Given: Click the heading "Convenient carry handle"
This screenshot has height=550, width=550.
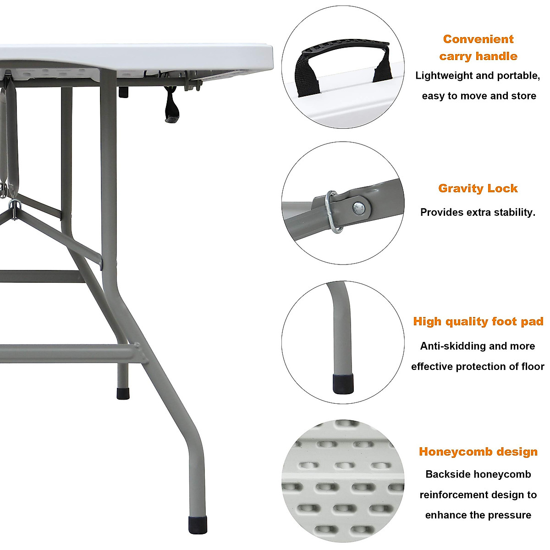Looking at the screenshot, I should [478, 48].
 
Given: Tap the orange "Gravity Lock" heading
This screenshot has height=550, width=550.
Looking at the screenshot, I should [478, 188].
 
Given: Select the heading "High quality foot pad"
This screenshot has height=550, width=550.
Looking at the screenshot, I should [478, 321].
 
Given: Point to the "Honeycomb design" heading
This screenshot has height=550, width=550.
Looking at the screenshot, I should [478, 451].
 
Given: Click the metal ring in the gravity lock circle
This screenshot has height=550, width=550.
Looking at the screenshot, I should [332, 211].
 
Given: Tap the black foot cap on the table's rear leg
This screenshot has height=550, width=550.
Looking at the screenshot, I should [123, 393].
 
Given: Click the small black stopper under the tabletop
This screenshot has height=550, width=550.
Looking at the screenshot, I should [123, 92].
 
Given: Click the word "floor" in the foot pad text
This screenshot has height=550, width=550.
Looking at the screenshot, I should [532, 366].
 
